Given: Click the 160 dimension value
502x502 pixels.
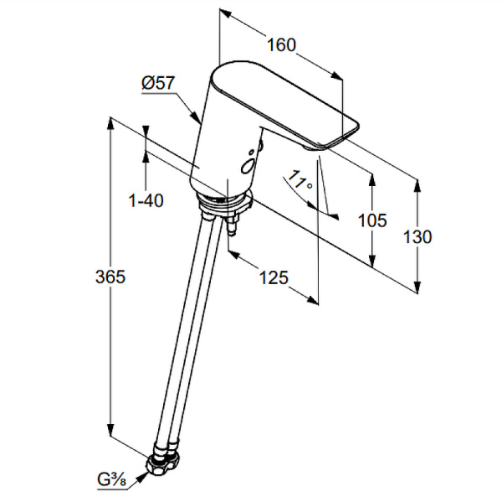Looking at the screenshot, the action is click(x=281, y=45).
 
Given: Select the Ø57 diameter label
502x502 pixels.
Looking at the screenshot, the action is click(x=158, y=83).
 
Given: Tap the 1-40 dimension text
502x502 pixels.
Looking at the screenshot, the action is click(x=146, y=201).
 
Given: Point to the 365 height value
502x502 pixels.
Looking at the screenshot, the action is click(x=110, y=277).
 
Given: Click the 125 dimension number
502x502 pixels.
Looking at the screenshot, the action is click(x=274, y=277).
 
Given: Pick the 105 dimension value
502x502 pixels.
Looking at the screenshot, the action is click(x=372, y=220).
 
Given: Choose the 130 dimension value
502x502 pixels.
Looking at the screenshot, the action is click(x=417, y=237).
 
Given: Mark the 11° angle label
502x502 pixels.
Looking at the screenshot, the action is click(x=300, y=180).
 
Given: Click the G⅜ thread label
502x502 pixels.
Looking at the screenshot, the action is click(x=111, y=480).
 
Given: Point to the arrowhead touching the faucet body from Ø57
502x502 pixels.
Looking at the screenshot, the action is click(x=196, y=116).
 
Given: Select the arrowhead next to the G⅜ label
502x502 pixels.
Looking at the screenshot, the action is click(x=142, y=478).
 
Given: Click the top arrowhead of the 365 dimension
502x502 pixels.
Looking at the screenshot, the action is click(x=110, y=123).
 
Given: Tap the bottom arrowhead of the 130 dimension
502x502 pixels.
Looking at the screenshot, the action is click(x=417, y=287).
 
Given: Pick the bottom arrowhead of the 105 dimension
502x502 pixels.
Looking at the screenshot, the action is click(x=372, y=261).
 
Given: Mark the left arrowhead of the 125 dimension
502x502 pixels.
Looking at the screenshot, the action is click(x=235, y=255).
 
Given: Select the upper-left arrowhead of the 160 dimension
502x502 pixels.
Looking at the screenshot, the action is click(x=225, y=13).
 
